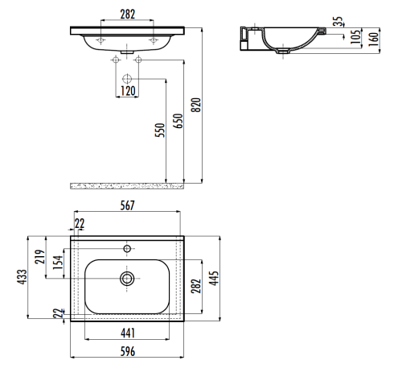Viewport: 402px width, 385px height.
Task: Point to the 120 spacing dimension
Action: [127, 91]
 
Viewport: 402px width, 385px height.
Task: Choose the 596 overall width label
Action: [127, 352]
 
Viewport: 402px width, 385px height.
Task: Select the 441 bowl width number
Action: [127, 333]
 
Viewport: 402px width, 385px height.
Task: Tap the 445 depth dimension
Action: [214, 277]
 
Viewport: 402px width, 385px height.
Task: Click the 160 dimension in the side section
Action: [373, 39]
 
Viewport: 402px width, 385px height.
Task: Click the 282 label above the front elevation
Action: [126, 14]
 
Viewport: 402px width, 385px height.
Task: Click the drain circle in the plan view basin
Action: [127, 279]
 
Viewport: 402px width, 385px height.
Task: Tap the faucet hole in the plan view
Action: [127, 249]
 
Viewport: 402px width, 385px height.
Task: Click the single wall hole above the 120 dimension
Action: [127, 79]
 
